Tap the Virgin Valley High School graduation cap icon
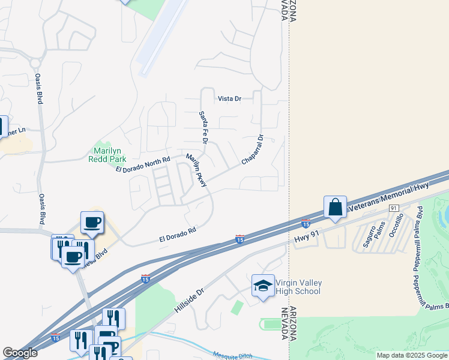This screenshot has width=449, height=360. point(262,286)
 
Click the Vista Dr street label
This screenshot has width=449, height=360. point(229,98)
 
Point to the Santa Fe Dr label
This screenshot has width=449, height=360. point(203,127)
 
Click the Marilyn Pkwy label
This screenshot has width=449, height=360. point(196,170)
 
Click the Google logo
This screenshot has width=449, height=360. point(20,353)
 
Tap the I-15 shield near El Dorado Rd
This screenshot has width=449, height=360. point(240,239)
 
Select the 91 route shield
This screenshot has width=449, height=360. point(394,208)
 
